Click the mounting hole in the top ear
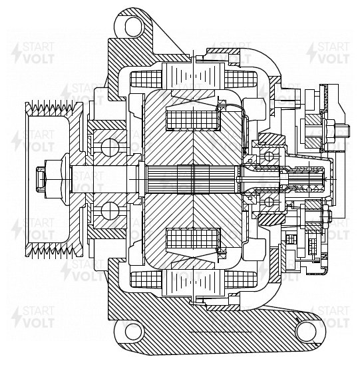coord(134,26)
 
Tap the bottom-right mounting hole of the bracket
coord(307,330)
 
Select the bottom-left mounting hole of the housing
coord(134,331)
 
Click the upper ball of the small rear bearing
coord(269,157)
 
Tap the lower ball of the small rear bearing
coord(269,202)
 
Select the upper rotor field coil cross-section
coord(192,120)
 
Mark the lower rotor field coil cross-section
coord(192,238)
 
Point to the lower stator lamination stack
coord(193,282)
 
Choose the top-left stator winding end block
coord(146,79)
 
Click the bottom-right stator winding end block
coord(240,280)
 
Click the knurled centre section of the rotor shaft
coord(193,179)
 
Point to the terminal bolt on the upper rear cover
coord(335,129)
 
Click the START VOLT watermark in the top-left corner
coord(33,53)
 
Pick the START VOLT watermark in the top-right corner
coord(327,53)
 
